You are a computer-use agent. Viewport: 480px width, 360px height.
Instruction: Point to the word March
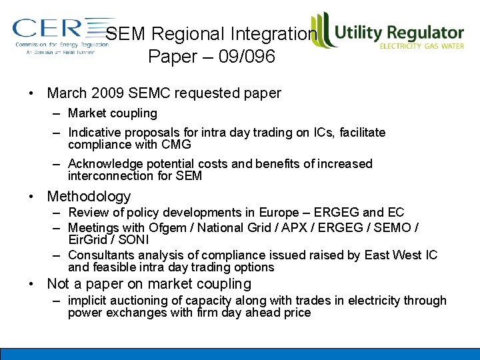pyautogui.click(x=67, y=93)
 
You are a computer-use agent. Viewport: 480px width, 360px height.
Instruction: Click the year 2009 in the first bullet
pyautogui.click(x=109, y=93)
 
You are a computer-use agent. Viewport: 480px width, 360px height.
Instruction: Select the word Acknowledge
pyautogui.click(x=102, y=164)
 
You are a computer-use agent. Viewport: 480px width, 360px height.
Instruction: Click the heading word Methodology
pyautogui.click(x=89, y=197)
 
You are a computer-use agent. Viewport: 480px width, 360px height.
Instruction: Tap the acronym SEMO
pyautogui.click(x=397, y=227)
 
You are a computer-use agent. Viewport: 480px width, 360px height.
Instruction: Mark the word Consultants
pyautogui.click(x=99, y=255)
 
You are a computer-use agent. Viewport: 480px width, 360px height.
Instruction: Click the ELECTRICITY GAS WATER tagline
pyautogui.click(x=421, y=46)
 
